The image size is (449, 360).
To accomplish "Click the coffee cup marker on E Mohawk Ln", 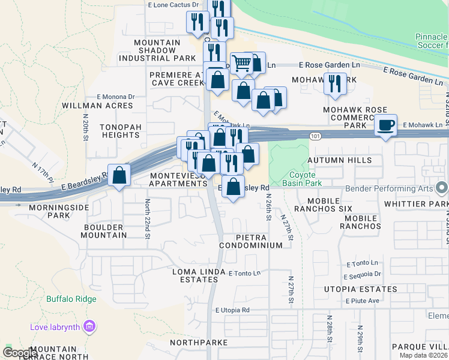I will pyautogui.click(x=387, y=125).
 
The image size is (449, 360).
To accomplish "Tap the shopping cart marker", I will pyautogui.click(x=241, y=63).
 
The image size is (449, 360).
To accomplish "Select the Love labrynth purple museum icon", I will pyautogui.click(x=90, y=326).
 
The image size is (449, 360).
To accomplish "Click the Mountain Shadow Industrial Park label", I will pyautogui.click(x=157, y=50).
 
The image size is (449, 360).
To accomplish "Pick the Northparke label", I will pyautogui.click(x=198, y=342).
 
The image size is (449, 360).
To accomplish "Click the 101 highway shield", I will pyautogui.click(x=315, y=137).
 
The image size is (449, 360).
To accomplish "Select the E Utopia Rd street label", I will pyautogui.click(x=232, y=310).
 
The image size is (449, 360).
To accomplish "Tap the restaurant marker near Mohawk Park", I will pyautogui.click(x=334, y=83).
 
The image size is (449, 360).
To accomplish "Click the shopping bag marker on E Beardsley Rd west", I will pyautogui.click(x=119, y=176).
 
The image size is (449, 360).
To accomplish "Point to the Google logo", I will pyautogui.click(x=20, y=353).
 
